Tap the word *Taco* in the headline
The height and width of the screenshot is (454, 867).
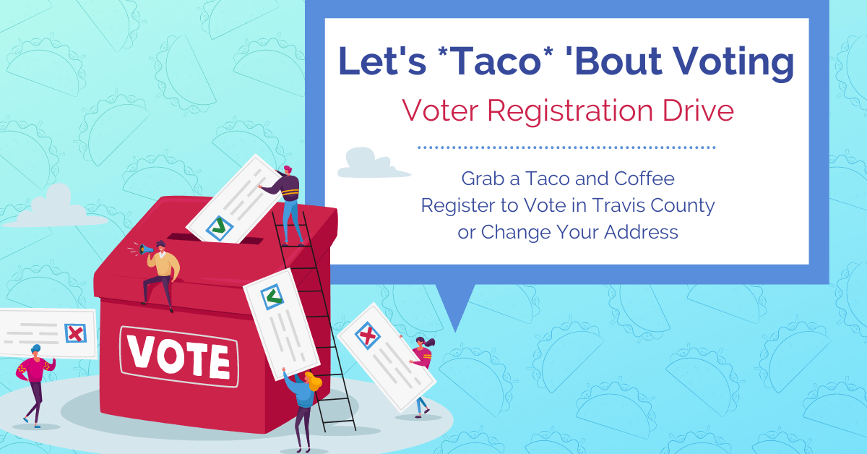pos(496,61)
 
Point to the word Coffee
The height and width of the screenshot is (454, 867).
pos(644,179)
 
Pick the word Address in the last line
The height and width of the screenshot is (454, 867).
pos(641,232)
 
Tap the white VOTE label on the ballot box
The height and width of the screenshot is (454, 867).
pos(179,357)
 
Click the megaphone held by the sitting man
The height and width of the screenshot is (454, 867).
pos(146,249)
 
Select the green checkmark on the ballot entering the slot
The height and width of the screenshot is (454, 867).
pos(220,226)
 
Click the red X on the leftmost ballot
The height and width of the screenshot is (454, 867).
pos(75,333)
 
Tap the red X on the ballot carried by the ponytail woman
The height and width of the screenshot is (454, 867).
pos(368,335)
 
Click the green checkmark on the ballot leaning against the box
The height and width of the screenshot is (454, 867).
pos(272,297)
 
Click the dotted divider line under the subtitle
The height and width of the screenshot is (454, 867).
pos(566,147)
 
